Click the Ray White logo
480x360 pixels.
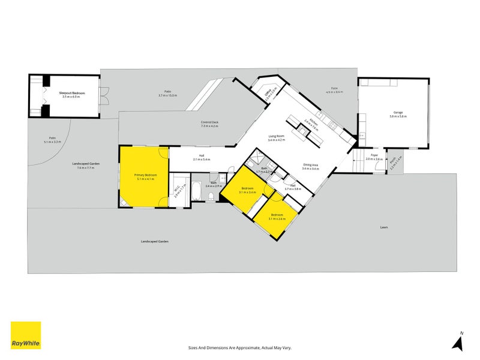click(x=26, y=335)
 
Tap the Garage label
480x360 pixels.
click(x=398, y=112)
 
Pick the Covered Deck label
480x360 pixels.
click(x=209, y=122)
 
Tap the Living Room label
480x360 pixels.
click(x=276, y=136)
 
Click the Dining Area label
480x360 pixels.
click(x=311, y=164)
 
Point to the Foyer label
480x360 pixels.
click(x=374, y=155)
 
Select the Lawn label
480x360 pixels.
click(x=383, y=227)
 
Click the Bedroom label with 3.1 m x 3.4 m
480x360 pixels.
click(x=247, y=188)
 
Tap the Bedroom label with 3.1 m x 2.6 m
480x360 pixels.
click(x=277, y=214)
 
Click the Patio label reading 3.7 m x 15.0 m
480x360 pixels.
click(x=167, y=92)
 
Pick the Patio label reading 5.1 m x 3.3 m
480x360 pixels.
click(x=53, y=139)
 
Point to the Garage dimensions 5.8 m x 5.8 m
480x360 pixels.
click(x=398, y=116)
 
